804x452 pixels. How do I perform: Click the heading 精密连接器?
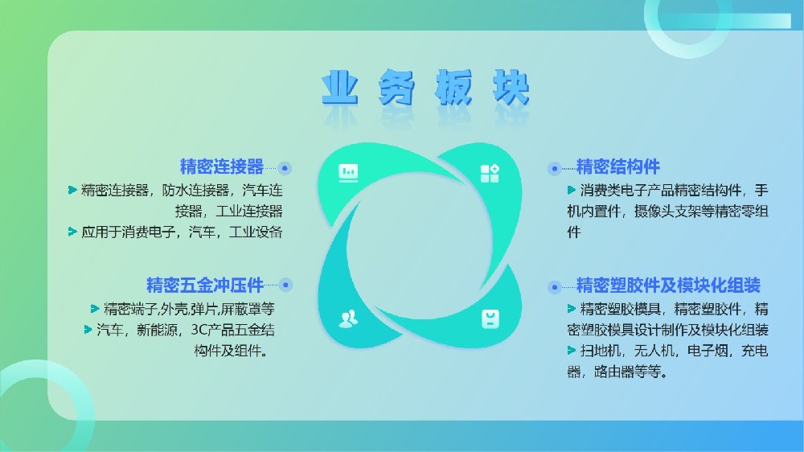[x=222, y=166]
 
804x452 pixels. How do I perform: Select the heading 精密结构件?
[x=617, y=166]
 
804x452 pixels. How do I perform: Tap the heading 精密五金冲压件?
[x=205, y=285]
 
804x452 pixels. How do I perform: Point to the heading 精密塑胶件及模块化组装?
[x=668, y=285]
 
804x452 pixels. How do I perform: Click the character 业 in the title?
[x=339, y=88]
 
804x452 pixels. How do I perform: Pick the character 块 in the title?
[x=511, y=88]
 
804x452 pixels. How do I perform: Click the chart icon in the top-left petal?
[x=349, y=173]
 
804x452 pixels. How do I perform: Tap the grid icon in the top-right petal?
[x=490, y=174]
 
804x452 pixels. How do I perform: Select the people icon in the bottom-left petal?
[x=349, y=318]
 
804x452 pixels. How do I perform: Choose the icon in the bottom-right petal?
[x=490, y=318]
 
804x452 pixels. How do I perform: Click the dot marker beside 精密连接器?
[x=285, y=168]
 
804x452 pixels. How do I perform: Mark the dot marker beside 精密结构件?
[x=554, y=168]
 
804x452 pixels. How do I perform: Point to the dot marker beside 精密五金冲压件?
[x=285, y=285]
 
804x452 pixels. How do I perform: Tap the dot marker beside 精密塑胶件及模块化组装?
[x=554, y=287]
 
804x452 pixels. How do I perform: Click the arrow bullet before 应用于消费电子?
[x=72, y=232]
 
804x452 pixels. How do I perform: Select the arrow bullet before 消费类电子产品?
[x=572, y=191]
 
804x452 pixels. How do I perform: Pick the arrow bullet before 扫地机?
[x=572, y=351]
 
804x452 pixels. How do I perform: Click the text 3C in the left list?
[x=198, y=330]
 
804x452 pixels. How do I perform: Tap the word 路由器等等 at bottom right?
[x=627, y=372]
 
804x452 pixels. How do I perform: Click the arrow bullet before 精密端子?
[x=95, y=309]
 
